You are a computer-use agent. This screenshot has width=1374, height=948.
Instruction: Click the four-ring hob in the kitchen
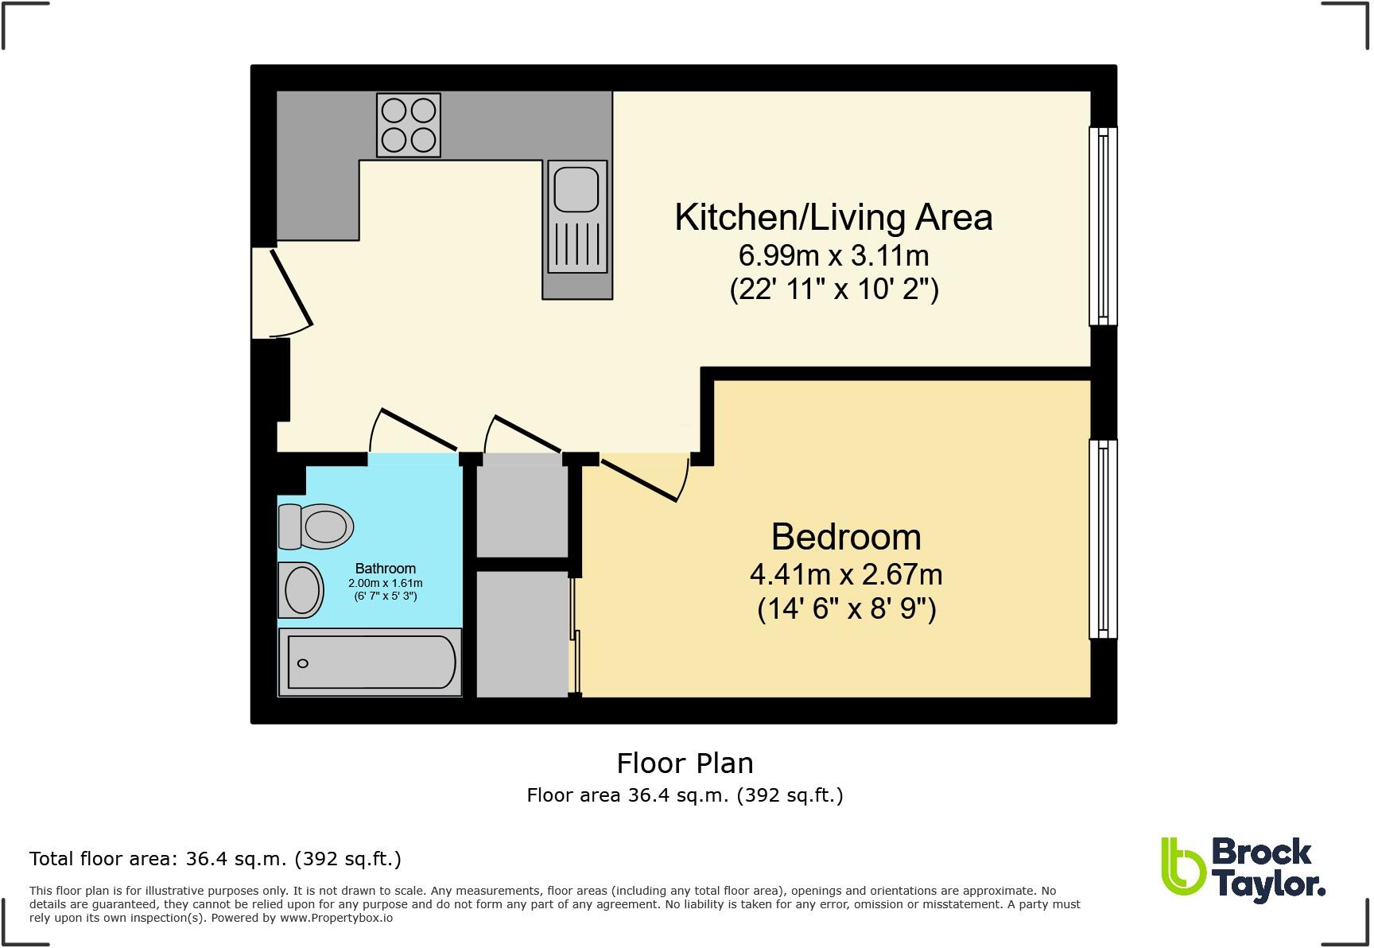coord(409,126)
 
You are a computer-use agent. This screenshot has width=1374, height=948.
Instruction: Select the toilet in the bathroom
coord(316,526)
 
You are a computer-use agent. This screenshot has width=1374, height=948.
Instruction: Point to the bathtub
coord(370,662)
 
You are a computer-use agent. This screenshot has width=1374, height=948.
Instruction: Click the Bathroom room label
coord(385,569)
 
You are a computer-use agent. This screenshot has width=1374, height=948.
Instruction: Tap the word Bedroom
coord(846,537)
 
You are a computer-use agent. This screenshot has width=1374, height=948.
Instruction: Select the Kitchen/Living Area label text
coord(833,217)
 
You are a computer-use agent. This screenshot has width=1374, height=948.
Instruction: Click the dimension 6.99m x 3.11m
coord(833,256)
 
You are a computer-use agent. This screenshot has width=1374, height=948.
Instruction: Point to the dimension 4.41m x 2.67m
coord(846,574)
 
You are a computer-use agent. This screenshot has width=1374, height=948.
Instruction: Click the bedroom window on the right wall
coord(1103,539)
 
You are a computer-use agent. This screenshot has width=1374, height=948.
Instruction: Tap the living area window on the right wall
coord(1103,226)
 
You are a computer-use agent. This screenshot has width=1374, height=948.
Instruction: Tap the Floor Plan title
coord(685,763)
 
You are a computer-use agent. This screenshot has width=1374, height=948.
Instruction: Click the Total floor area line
coord(215,859)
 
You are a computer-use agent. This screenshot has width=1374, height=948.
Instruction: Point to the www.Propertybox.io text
coord(336,918)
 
